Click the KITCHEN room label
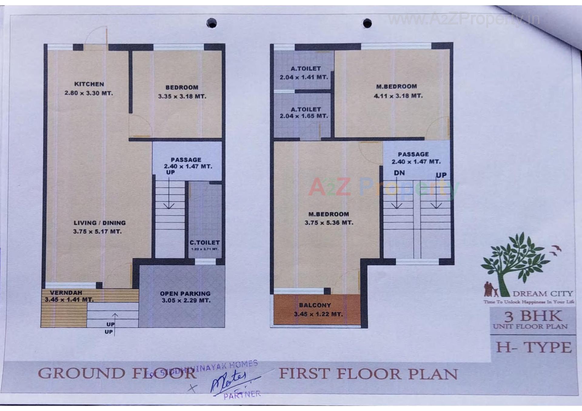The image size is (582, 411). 89,84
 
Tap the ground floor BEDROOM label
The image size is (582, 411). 182,88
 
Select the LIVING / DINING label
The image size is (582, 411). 99,223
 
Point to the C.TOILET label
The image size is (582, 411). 205,243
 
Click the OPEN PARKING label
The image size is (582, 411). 185,293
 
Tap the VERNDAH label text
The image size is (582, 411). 66,293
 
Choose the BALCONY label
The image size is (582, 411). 315,305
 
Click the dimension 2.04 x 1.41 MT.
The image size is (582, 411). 304,77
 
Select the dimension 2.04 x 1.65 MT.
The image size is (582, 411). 304,116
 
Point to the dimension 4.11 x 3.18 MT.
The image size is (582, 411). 398,96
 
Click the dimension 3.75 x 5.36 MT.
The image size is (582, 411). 329,223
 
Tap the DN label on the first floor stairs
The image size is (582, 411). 399,173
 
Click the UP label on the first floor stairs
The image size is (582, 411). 441,175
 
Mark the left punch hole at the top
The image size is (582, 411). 212,23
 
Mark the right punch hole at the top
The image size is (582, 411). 367,23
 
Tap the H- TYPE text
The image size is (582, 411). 534,347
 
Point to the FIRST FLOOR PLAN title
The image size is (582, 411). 368,374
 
